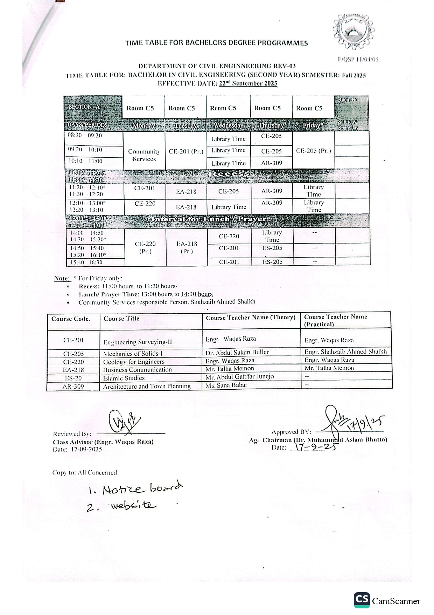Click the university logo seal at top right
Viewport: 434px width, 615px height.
(x=353, y=31)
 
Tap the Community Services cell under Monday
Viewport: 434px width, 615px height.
(x=144, y=155)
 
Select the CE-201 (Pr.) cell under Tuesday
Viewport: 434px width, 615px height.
(x=186, y=151)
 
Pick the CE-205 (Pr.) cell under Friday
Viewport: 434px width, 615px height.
(x=313, y=151)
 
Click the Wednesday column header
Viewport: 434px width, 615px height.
(x=228, y=125)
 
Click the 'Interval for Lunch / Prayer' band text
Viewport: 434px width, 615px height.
(x=209, y=219)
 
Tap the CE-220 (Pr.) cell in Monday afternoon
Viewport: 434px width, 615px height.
(x=145, y=247)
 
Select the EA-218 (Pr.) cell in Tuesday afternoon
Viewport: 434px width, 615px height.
(x=187, y=247)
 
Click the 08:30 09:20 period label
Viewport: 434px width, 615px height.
(x=85, y=135)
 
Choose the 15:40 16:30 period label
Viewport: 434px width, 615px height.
(x=86, y=262)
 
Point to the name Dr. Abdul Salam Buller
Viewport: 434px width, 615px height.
(x=237, y=352)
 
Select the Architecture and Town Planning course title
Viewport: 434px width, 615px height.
(x=147, y=386)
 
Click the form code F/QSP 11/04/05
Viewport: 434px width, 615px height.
(x=358, y=59)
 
